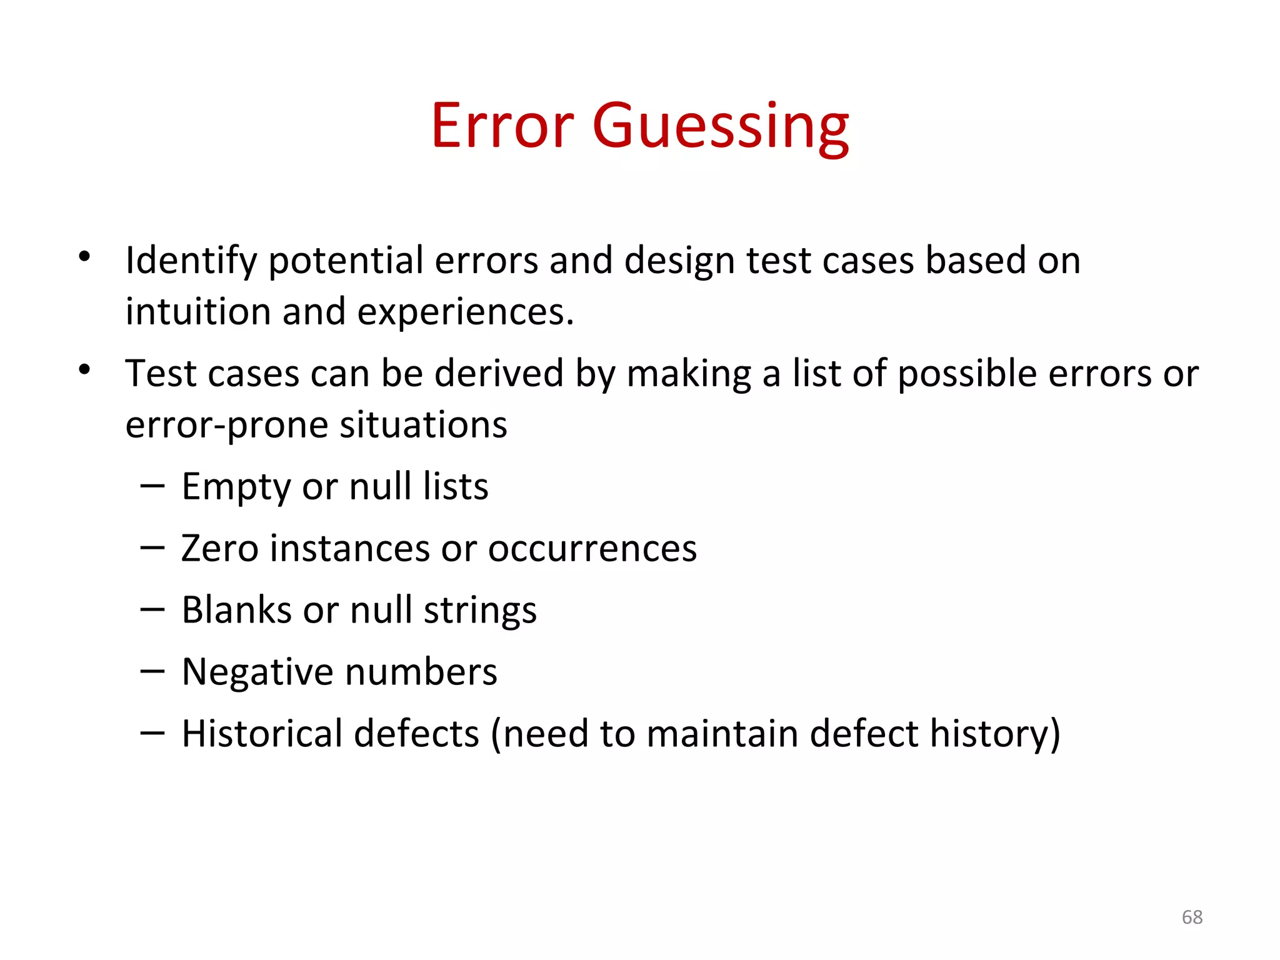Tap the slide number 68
pyautogui.click(x=1192, y=917)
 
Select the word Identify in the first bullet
pyautogui.click(x=191, y=261)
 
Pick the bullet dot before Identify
pyautogui.click(x=84, y=256)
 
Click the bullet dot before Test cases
pyautogui.click(x=84, y=370)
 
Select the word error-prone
pyautogui.click(x=227, y=425)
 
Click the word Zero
pyautogui.click(x=219, y=549)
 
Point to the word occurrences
pyautogui.click(x=592, y=549)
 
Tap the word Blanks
pyautogui.click(x=236, y=610)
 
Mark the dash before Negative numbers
pyautogui.click(x=152, y=672)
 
